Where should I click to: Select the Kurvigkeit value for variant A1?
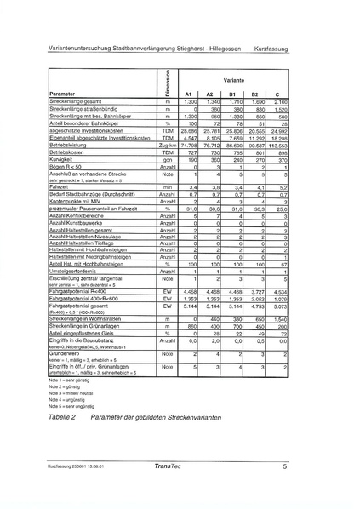pyautogui.click(x=191, y=159)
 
